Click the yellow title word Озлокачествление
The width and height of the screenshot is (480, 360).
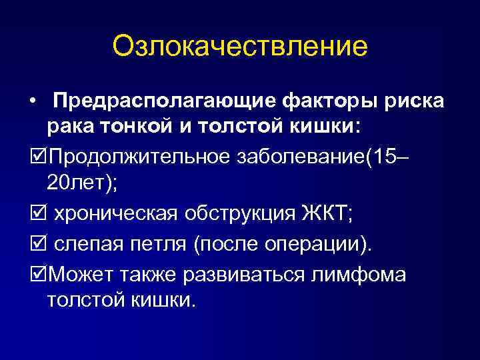(239, 47)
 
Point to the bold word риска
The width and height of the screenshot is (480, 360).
(415, 102)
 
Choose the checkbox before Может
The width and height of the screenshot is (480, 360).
(36, 274)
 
